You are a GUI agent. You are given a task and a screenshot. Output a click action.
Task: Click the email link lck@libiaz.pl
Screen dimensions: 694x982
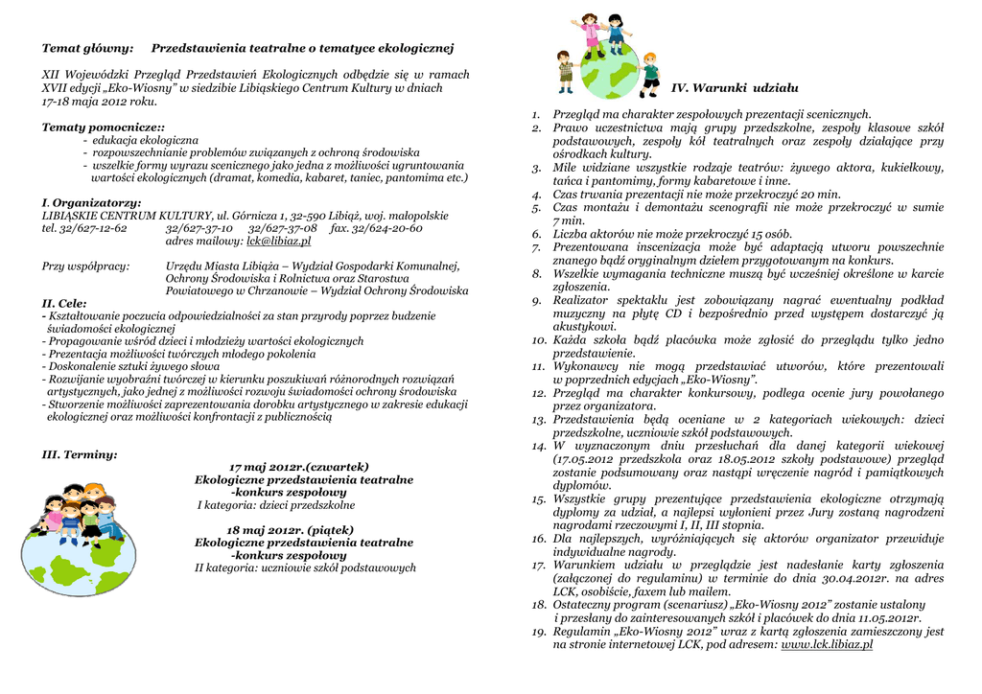(x=278, y=242)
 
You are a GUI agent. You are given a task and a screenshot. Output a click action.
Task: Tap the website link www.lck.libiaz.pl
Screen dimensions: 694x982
(x=827, y=645)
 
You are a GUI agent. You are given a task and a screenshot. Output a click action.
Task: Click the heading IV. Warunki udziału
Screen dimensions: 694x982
(x=735, y=88)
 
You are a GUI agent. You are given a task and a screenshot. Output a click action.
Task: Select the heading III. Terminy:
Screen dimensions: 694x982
(x=80, y=454)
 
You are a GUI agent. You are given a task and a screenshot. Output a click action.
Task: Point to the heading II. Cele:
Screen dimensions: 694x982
(x=64, y=303)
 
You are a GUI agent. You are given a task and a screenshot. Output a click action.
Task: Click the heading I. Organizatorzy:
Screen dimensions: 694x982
(x=91, y=203)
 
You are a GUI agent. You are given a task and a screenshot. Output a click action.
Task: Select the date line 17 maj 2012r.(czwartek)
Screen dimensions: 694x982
(x=298, y=467)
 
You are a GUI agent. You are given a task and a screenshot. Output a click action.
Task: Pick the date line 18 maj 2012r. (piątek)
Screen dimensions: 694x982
(x=290, y=530)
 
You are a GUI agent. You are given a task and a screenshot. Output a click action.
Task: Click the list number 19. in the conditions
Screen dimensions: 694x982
(x=539, y=632)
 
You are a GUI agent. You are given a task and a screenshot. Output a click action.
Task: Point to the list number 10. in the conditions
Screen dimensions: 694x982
(x=539, y=340)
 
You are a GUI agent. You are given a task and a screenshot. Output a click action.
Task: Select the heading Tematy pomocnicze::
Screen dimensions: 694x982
(x=103, y=127)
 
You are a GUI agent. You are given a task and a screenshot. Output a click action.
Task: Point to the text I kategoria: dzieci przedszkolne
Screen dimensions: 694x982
(x=276, y=505)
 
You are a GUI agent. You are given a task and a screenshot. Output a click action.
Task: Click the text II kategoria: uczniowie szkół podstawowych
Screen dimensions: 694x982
(x=305, y=567)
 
